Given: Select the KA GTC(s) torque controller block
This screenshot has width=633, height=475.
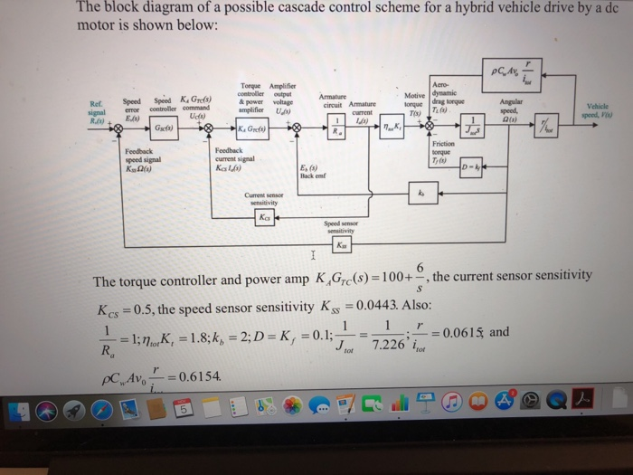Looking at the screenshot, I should coord(250,129).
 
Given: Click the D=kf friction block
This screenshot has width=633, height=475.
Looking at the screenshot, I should coord(473,166).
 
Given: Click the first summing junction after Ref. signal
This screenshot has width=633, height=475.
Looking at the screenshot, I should coord(116,129).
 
